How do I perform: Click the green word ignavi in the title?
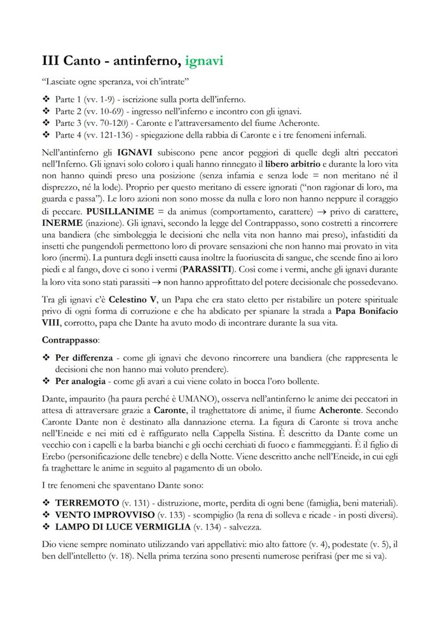point(204,61)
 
